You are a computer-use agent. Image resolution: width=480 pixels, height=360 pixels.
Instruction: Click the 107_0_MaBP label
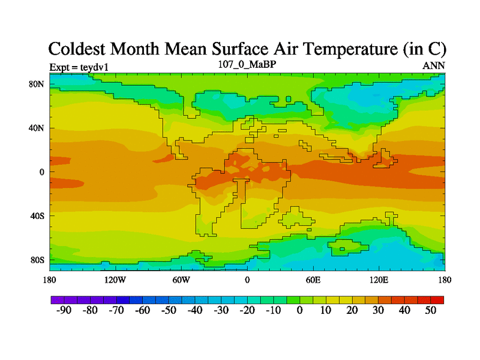[x=247, y=64]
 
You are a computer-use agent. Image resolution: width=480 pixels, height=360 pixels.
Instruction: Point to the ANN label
[x=434, y=65]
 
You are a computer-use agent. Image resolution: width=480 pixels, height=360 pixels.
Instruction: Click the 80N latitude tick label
[x=37, y=84]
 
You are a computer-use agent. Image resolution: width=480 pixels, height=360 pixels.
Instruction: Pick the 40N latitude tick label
[x=37, y=128]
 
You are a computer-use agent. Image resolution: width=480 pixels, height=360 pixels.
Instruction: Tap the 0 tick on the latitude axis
[x=42, y=172]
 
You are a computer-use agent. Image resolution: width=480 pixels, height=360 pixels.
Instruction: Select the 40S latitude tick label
[x=37, y=216]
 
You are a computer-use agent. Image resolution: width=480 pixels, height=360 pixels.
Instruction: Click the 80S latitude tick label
[x=37, y=260]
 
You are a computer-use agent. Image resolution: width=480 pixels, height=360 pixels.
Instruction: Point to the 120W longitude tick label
[x=115, y=280]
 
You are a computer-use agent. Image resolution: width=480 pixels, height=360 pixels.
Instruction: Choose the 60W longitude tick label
[x=181, y=280]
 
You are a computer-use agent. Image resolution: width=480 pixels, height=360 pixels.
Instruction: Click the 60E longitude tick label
[x=313, y=280]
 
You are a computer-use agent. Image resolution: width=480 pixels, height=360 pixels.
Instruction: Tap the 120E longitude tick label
[x=379, y=280]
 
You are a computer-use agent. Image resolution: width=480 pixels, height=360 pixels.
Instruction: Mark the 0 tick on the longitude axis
[x=247, y=280]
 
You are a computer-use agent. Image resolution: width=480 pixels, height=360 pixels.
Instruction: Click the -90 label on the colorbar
[x=63, y=310]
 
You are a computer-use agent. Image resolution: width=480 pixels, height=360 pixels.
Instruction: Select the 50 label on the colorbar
[x=431, y=310]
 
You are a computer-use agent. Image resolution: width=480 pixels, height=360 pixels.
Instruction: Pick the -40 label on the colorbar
[x=194, y=310]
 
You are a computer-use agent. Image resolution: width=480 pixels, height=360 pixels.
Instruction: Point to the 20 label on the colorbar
[x=352, y=310]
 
